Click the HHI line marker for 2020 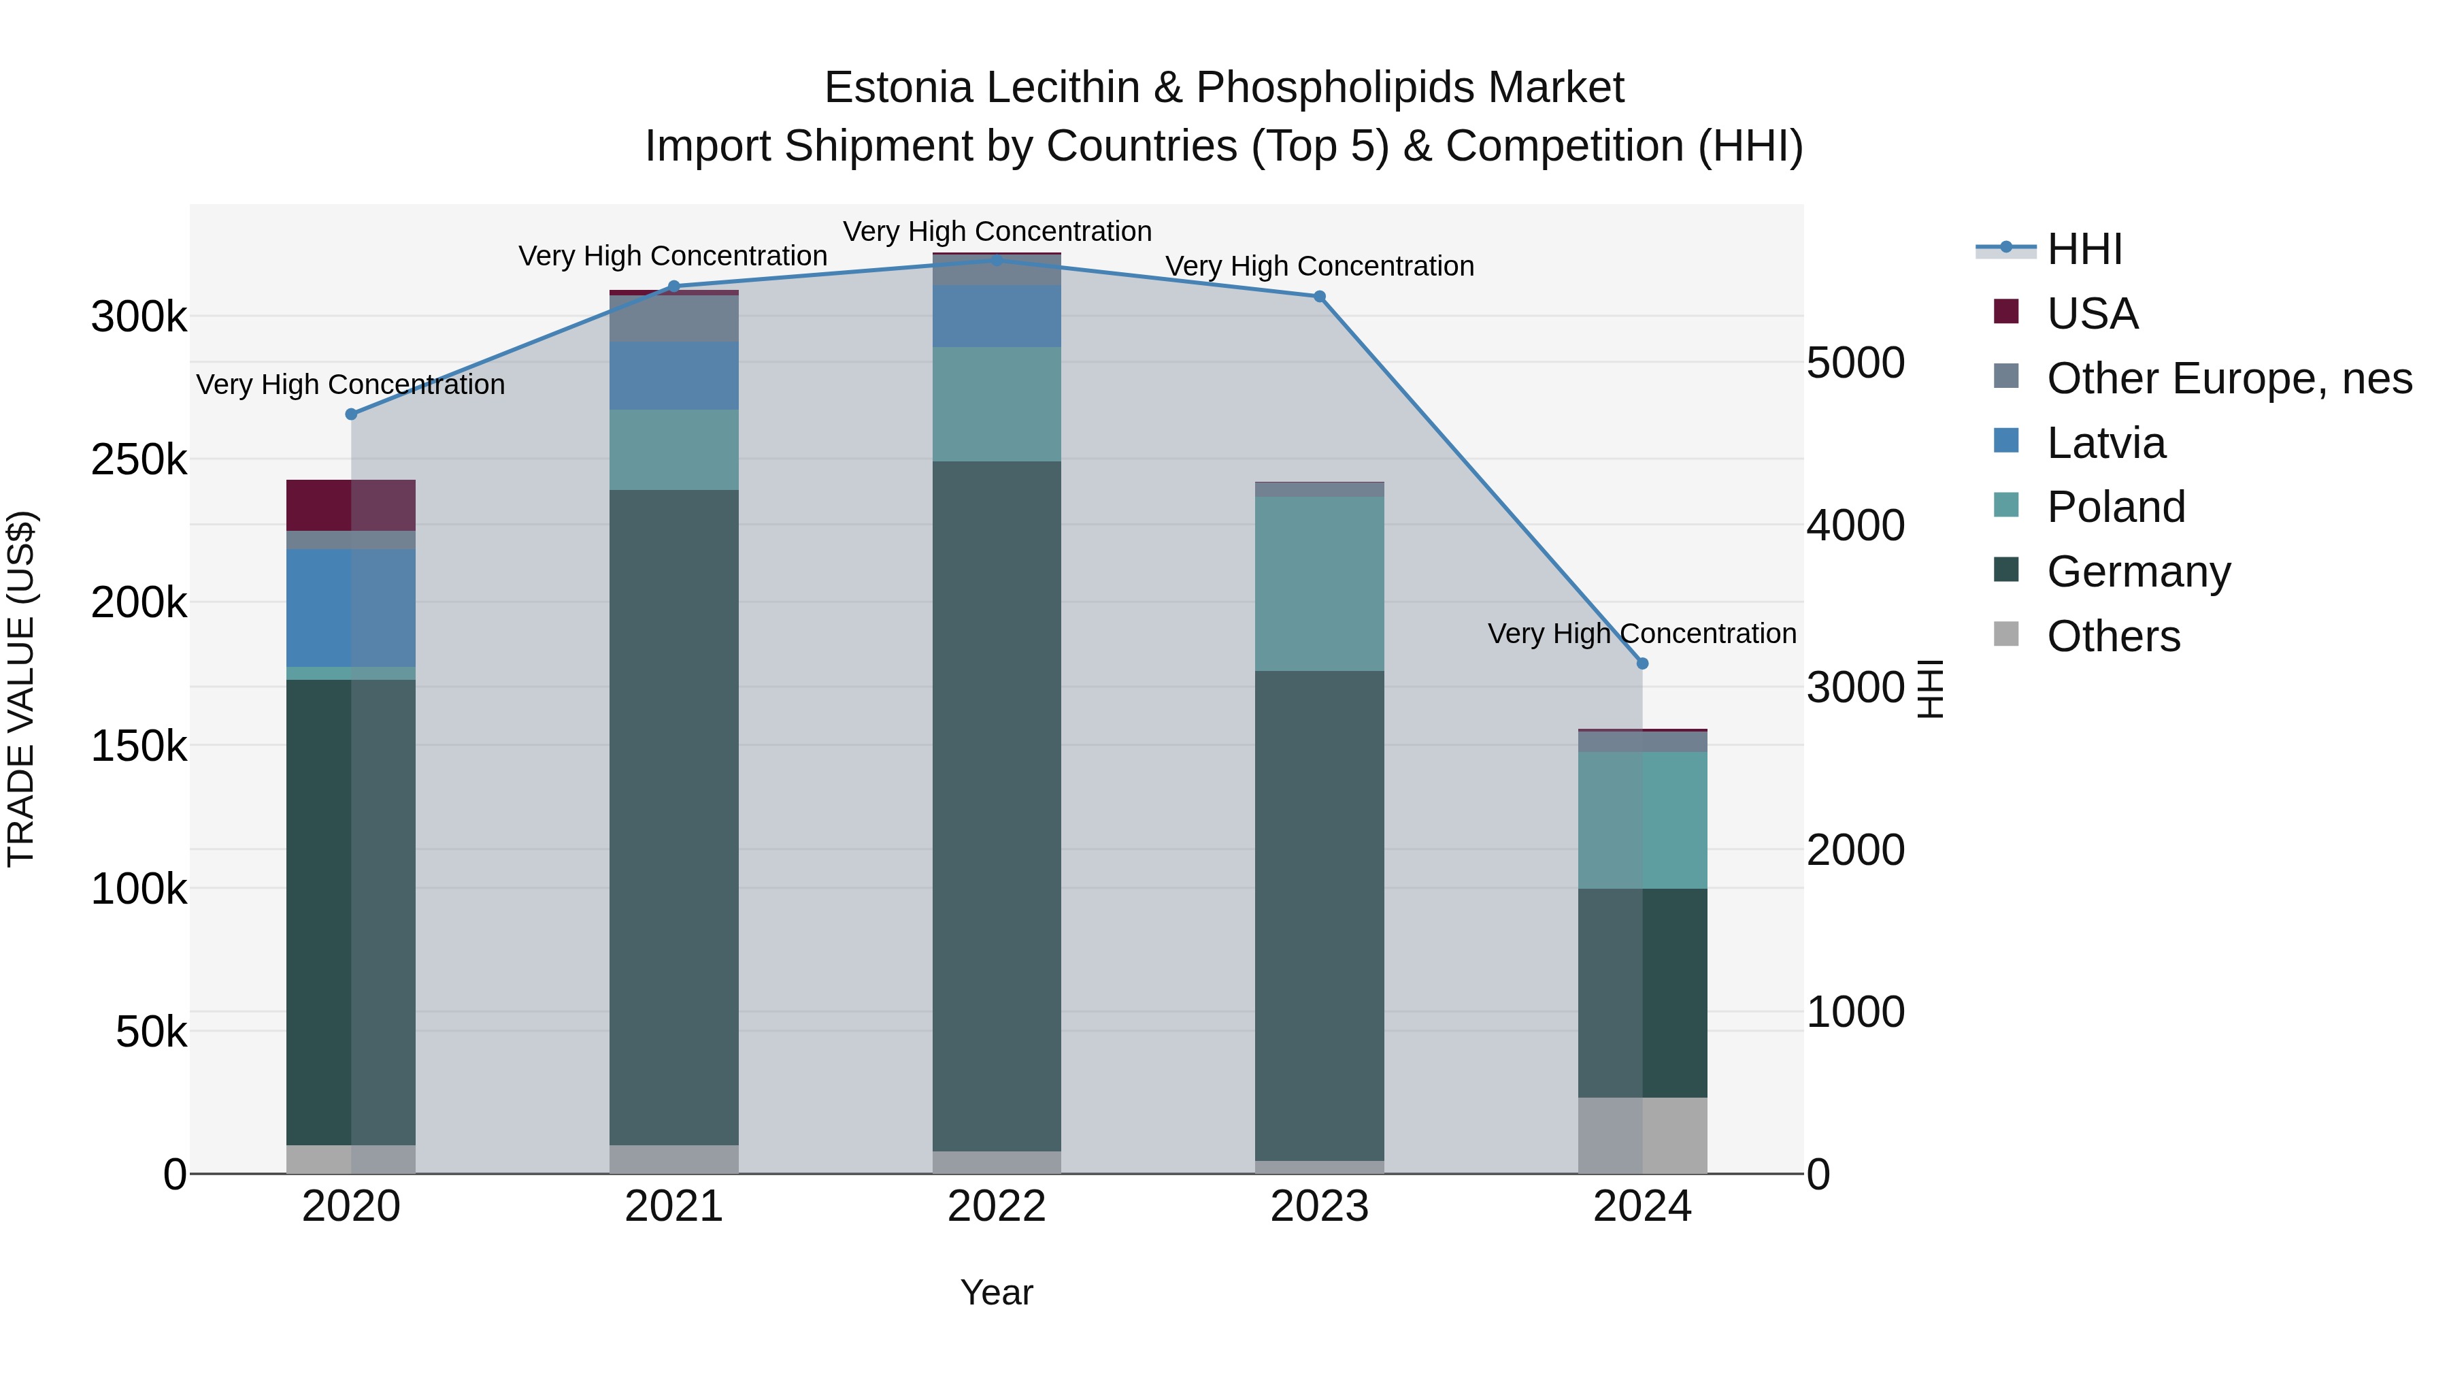pos(351,414)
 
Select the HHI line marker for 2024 pos(1642,663)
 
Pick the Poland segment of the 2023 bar pos(1320,583)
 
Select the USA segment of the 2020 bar pos(351,505)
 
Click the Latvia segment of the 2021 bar pos(674,376)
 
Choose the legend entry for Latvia pos(2105,443)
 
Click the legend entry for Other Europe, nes pos(2229,378)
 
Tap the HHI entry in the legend pos(2084,249)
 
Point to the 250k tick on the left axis pos(139,460)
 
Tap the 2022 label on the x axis pos(997,1207)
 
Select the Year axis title pos(997,1292)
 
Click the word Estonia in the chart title pos(899,88)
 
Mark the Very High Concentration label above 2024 pos(1642,634)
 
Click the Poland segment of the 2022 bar pos(997,404)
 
